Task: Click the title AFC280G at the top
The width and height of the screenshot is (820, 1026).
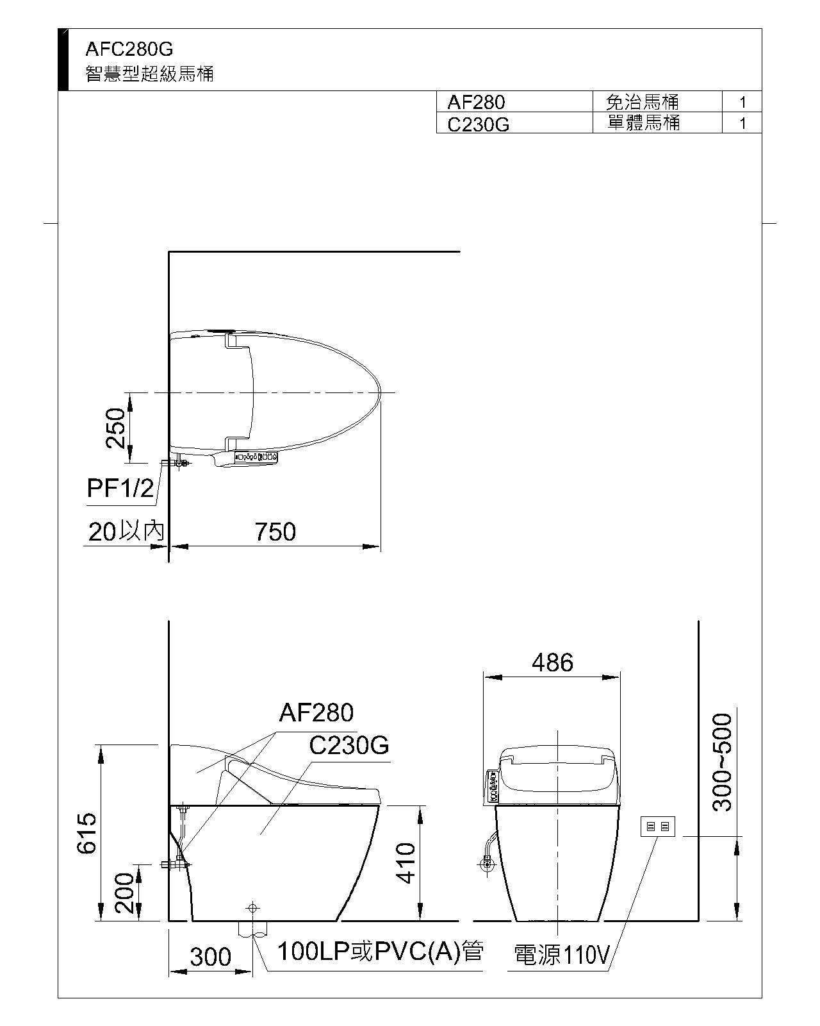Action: coord(129,49)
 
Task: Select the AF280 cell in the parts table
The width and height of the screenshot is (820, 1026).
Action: coord(476,102)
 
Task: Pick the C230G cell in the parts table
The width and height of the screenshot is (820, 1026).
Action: coord(479,124)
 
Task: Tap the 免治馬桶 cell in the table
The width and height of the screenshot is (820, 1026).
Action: coord(643,102)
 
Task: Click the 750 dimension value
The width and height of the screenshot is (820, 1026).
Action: coord(275,532)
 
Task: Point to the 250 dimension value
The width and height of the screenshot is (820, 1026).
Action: coord(116,428)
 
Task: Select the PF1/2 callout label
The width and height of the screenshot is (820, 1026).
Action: coord(120,488)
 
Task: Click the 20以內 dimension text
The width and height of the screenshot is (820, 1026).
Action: coord(126,532)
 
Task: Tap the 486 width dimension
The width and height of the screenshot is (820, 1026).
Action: coord(552,662)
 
